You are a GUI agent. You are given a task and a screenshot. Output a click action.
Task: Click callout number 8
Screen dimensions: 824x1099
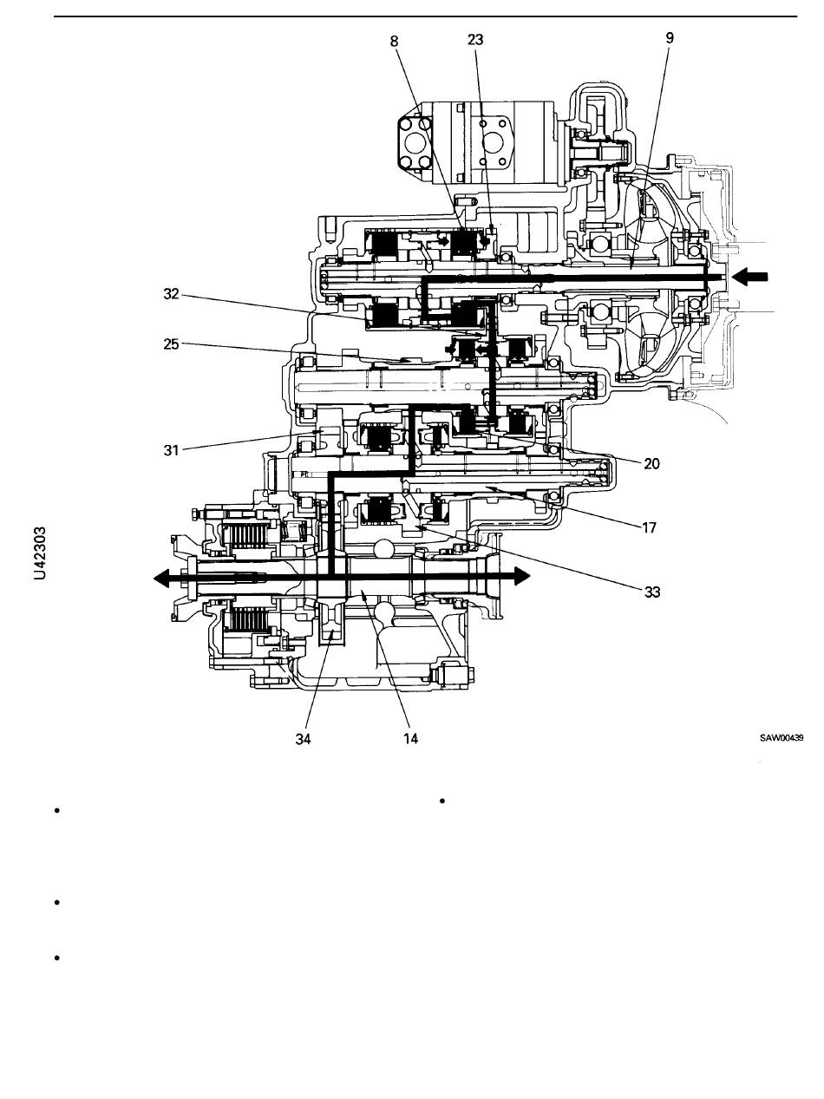394,42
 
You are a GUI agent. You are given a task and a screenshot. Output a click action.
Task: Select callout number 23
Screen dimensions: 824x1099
475,40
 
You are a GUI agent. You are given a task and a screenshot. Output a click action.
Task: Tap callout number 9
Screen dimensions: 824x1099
670,37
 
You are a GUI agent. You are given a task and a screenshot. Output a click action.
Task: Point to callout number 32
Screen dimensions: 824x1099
171,294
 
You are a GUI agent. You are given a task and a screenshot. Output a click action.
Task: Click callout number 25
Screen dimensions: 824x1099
171,344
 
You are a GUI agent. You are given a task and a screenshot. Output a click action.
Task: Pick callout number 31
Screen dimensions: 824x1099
171,450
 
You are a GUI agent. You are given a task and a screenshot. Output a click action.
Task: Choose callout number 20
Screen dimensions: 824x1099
651,464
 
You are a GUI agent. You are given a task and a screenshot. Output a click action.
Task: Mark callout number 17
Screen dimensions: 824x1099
649,527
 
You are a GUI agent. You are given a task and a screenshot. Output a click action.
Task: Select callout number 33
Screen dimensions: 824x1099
651,592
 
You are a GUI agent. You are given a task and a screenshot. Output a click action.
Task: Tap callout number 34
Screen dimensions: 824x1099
303,739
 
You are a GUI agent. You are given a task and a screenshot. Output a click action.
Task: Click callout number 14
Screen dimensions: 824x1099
410,738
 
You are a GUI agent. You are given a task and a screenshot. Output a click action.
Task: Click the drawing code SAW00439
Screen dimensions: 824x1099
781,737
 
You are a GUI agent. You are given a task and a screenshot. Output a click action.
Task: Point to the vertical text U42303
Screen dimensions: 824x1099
41,553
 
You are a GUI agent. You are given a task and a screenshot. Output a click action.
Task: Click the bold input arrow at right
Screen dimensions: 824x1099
749,277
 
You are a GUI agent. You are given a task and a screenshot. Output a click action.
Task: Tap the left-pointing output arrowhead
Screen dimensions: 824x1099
161,578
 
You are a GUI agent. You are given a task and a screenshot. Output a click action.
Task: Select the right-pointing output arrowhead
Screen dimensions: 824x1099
522,576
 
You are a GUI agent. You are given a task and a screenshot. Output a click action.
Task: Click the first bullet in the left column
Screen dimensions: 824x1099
57,810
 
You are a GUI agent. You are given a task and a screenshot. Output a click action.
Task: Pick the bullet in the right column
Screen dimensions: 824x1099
442,801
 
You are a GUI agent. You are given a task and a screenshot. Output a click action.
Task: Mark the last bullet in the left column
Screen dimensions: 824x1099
57,958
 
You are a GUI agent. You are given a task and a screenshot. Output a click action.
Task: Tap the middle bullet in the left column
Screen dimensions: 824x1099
57,902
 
